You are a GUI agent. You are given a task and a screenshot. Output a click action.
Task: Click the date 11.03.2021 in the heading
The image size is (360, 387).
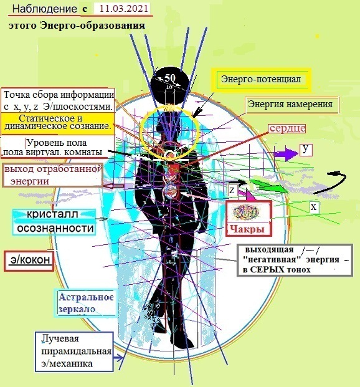coord(123,9)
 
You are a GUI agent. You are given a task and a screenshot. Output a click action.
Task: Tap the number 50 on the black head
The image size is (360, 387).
coord(170,78)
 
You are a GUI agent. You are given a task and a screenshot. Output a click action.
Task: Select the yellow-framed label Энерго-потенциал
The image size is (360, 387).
coord(261,80)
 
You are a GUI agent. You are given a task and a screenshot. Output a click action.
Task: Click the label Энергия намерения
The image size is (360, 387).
coord(290,104)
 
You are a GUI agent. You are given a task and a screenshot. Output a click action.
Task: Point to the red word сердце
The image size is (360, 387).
coord(288,128)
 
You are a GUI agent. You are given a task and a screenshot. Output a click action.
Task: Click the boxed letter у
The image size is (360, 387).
coord(306,150)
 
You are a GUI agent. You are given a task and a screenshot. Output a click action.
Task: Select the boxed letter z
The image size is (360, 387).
coord(232,190)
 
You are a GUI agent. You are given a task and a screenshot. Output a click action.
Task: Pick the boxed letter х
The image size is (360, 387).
coord(314,207)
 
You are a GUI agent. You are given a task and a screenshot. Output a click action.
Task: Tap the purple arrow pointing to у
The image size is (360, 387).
coord(286,154)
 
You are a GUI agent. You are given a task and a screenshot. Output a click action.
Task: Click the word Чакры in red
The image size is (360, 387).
coord(247,229)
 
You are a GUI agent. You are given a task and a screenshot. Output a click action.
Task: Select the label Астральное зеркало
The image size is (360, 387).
coord(86,303)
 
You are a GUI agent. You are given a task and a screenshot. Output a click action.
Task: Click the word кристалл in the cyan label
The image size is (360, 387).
coord(52,214)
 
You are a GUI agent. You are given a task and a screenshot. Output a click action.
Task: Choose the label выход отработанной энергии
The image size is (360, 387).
coord(52,174)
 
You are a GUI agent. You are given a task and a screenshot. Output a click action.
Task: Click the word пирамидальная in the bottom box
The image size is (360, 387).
coord(76,351)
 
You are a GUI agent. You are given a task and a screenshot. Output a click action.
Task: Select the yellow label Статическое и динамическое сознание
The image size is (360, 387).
coord(57,122)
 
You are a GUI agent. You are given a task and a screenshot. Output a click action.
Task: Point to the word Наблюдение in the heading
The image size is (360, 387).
coord(45,9)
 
